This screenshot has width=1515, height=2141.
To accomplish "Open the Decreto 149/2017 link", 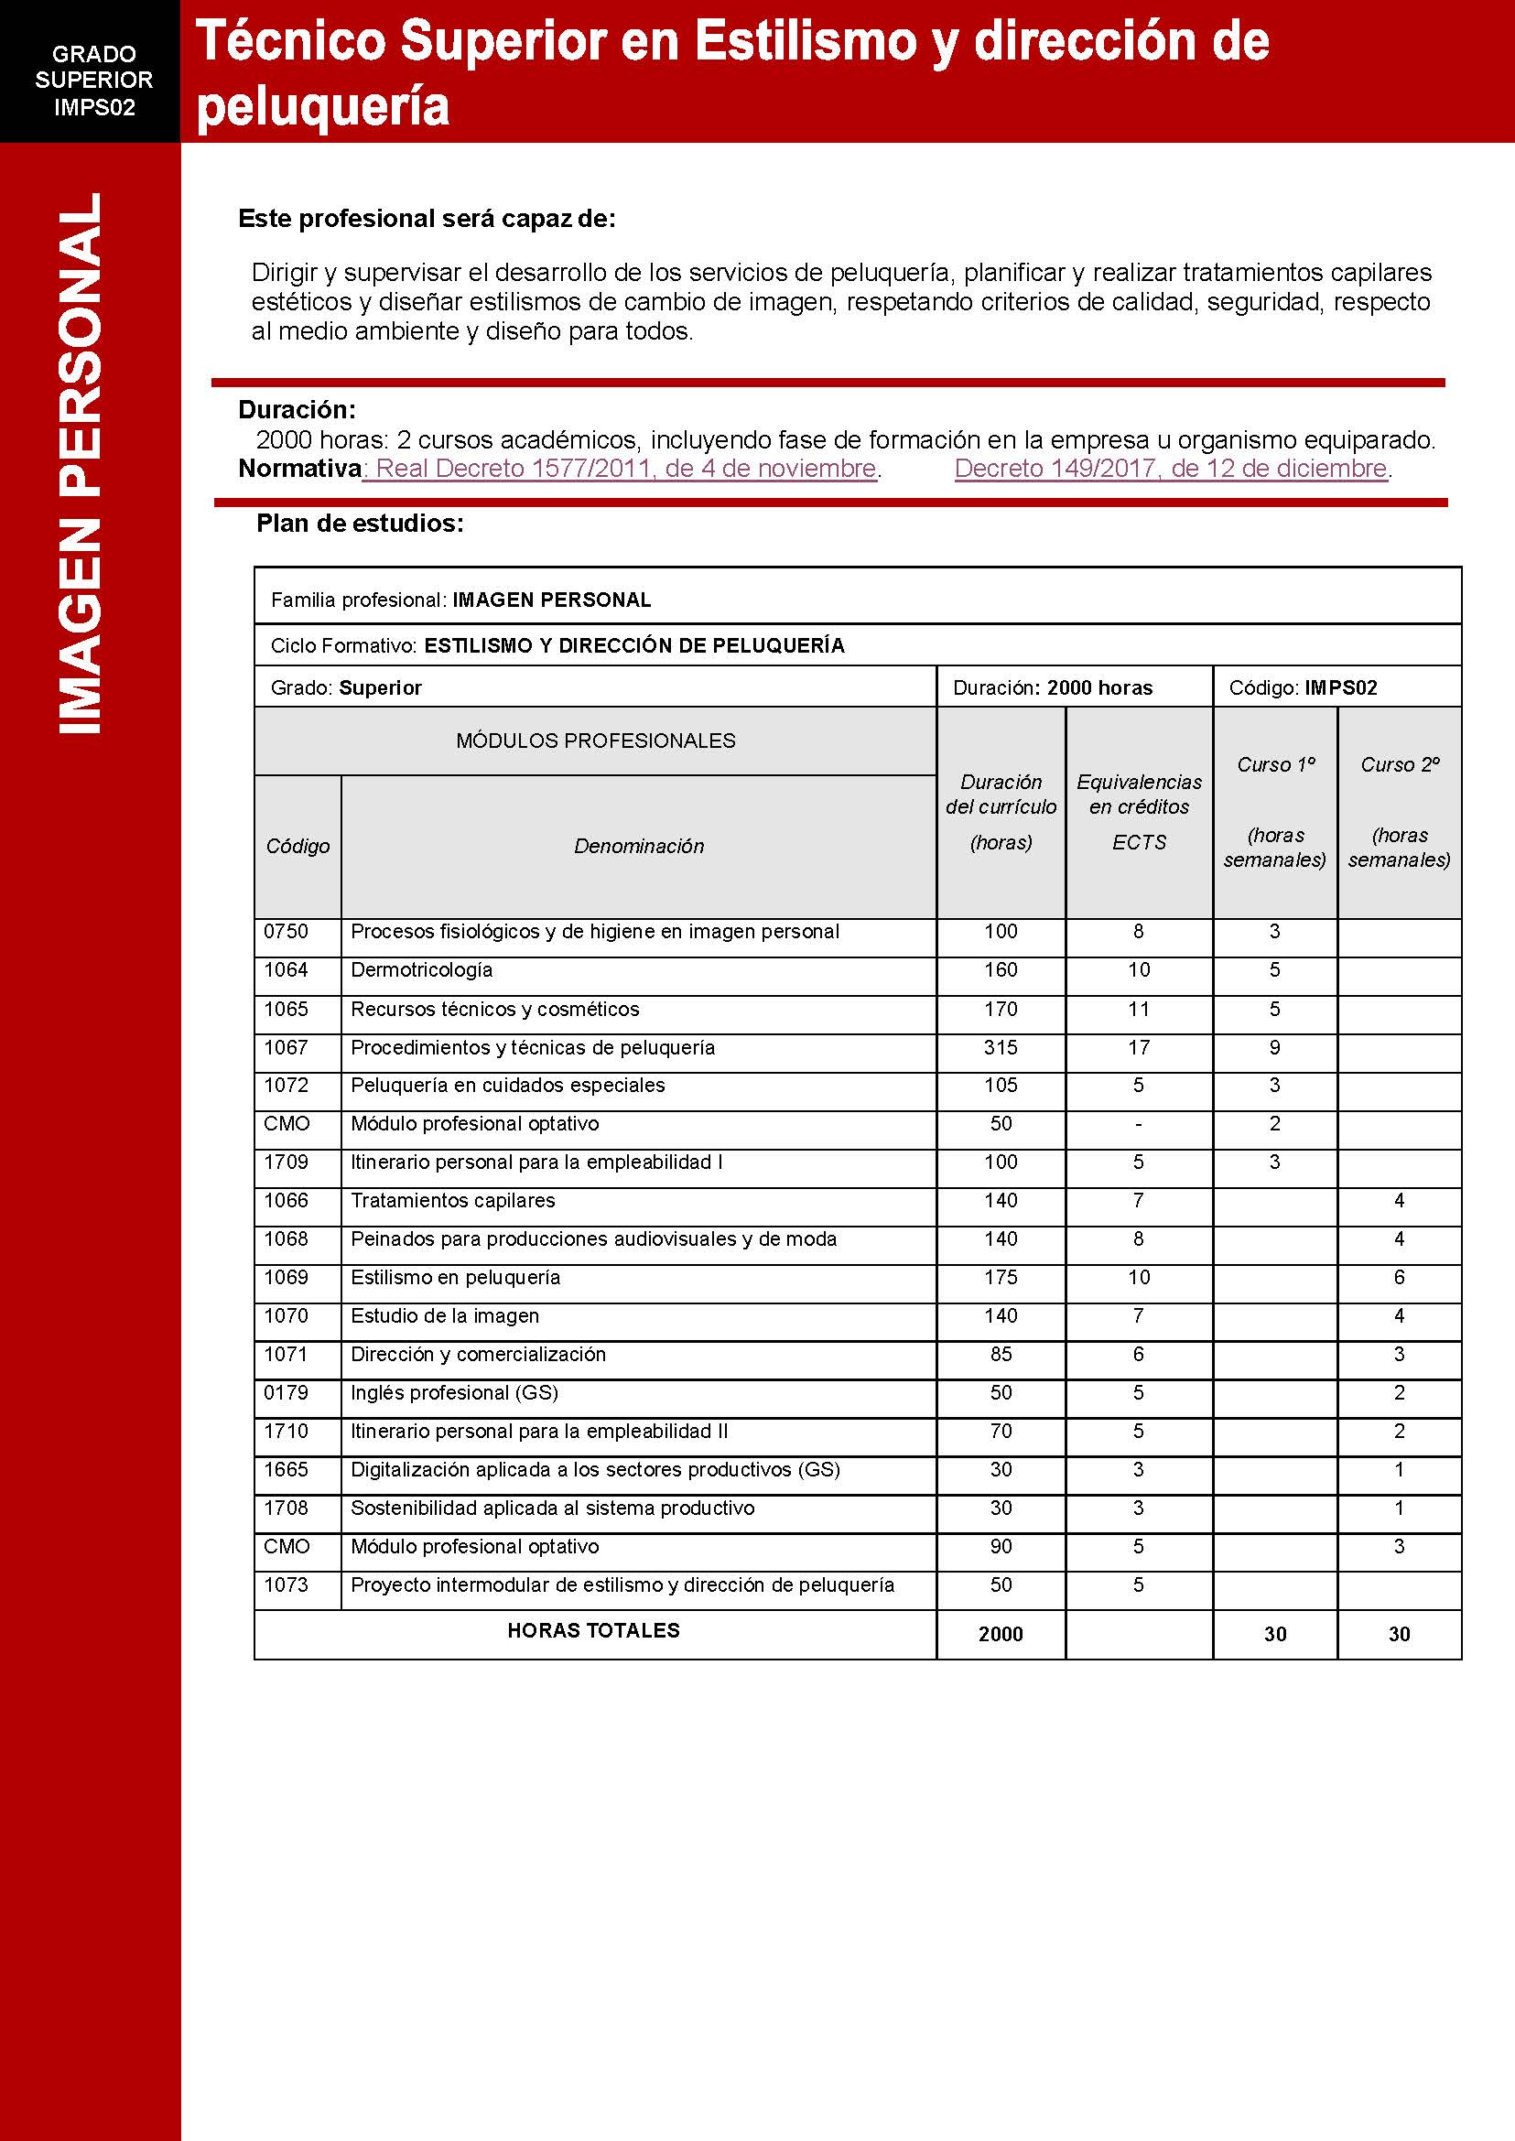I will click(x=1172, y=469).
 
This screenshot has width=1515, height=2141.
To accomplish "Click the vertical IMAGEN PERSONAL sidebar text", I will click(x=81, y=463).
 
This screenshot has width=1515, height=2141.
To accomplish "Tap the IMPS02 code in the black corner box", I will click(x=94, y=107).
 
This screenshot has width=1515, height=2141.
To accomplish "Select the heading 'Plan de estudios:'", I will click(x=360, y=524).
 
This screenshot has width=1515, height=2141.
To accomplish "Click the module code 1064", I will click(x=286, y=970).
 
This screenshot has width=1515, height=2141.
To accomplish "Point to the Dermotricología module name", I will click(x=422, y=970).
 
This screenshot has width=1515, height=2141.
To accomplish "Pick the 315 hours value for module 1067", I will click(x=1000, y=1048).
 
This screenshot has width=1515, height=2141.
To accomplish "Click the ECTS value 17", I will click(x=1138, y=1048).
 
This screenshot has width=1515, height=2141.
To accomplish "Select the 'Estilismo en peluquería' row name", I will click(x=455, y=1277).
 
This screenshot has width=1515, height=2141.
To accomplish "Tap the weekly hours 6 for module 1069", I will click(x=1399, y=1277).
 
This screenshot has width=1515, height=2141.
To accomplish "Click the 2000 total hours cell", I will click(x=1000, y=1634).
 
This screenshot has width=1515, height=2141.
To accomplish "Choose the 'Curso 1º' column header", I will click(x=1275, y=765).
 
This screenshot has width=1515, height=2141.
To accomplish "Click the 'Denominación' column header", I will click(x=639, y=846).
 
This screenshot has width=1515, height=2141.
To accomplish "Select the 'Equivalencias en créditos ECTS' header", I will click(x=1138, y=811).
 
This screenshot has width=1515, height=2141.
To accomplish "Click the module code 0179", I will click(x=286, y=1393).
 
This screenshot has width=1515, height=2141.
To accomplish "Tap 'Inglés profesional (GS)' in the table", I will click(x=454, y=1393).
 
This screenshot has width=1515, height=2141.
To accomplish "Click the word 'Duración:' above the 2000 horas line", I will click(x=297, y=409).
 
